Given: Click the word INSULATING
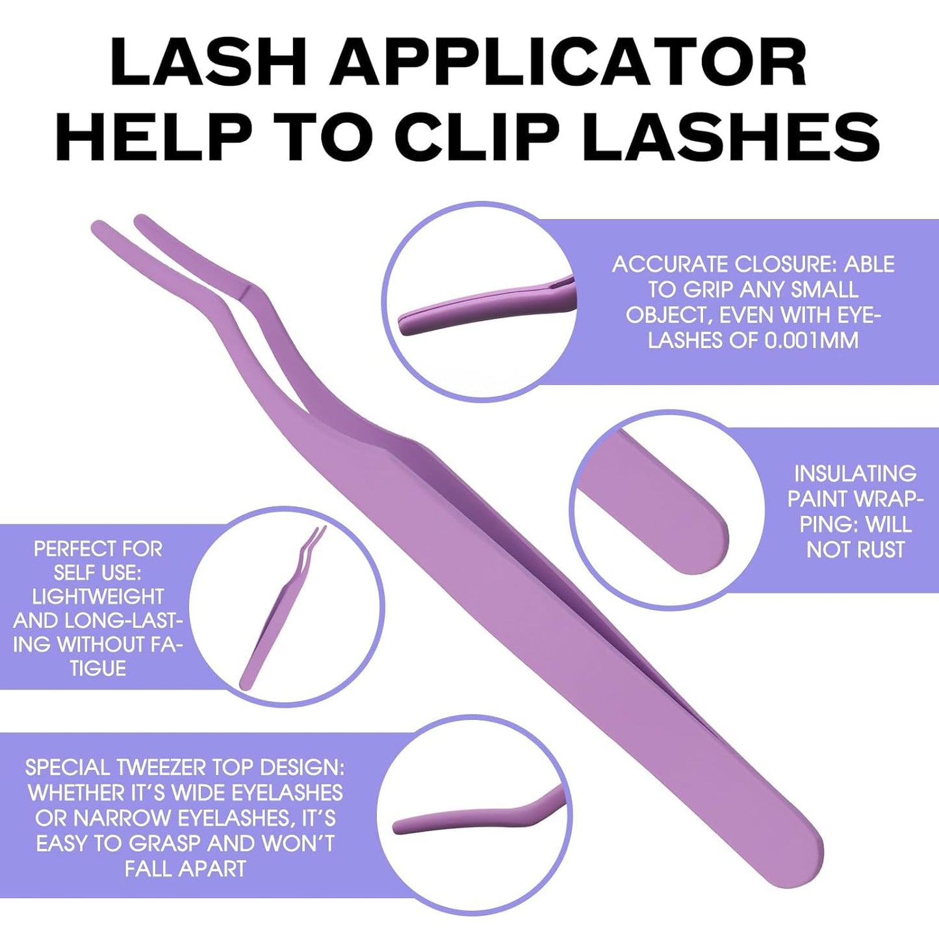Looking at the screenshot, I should (855, 473).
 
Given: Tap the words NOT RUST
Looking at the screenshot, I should (855, 550).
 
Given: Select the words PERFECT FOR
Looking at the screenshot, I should (98, 549).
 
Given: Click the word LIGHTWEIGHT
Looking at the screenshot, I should (98, 597).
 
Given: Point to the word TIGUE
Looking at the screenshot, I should (98, 668).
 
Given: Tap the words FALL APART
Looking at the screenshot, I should (185, 868).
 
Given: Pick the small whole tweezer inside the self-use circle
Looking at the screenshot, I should (279, 611).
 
